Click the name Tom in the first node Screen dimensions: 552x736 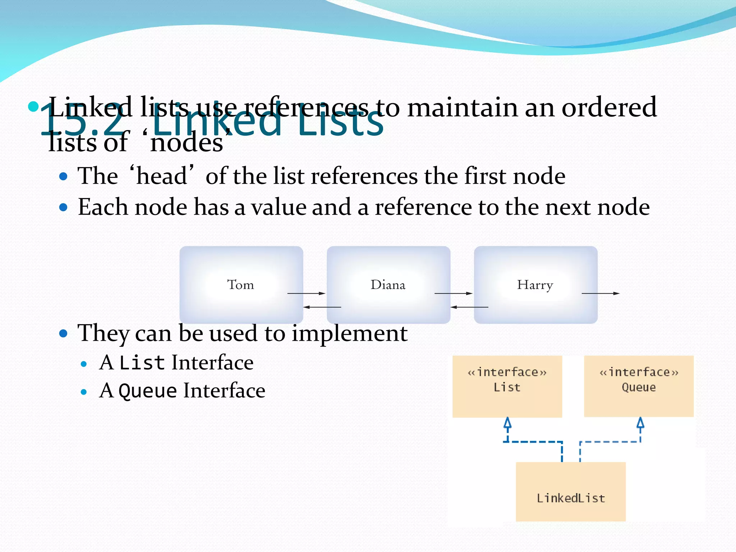click(240, 285)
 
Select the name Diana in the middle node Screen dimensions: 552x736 click(388, 285)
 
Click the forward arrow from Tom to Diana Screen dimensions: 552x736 click(306, 293)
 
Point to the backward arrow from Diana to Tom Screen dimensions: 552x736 click(322, 307)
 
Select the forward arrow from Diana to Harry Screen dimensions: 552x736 click(453, 293)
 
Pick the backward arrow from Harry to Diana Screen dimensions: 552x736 click(469, 307)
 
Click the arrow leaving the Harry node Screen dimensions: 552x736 click(601, 293)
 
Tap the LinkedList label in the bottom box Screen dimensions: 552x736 click(571, 498)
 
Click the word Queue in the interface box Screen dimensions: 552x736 click(639, 387)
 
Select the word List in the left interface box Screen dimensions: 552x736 click(507, 387)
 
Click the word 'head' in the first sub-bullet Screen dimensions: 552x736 click(162, 176)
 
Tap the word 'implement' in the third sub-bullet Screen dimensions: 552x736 click(349, 333)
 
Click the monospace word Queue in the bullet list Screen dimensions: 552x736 click(148, 391)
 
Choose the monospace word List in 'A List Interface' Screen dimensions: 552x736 click(142, 363)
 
